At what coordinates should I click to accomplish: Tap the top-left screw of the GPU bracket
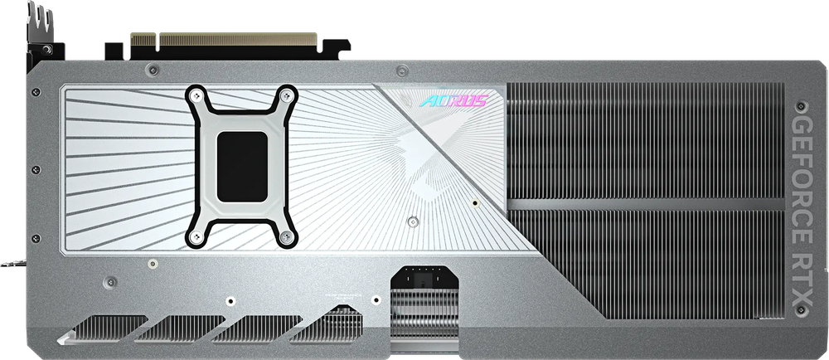click(x=195, y=96)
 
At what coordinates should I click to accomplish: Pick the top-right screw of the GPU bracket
click(x=286, y=95)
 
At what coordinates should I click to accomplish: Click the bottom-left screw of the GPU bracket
click(x=196, y=237)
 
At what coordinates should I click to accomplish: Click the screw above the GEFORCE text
click(x=801, y=107)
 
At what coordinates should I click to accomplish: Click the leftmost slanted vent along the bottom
click(x=104, y=328)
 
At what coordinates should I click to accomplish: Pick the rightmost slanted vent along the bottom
click(x=332, y=324)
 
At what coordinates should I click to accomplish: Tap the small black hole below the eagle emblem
click(x=474, y=202)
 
